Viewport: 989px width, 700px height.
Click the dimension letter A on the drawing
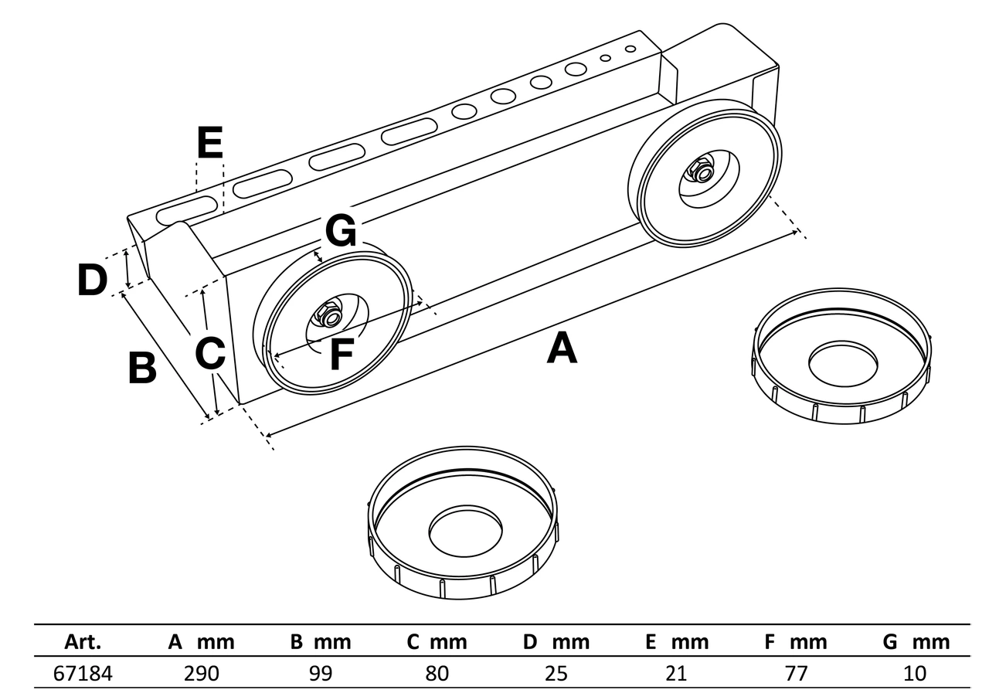[x=562, y=348]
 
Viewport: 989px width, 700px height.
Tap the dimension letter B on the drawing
[x=142, y=368]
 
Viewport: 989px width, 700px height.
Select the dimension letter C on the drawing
[x=210, y=354]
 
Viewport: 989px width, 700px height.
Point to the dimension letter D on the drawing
[x=92, y=280]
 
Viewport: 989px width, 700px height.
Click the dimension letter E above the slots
[x=209, y=143]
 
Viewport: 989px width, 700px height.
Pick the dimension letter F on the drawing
[x=341, y=355]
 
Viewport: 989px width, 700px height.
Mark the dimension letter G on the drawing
[x=341, y=230]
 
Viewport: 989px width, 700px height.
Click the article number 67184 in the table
[x=83, y=674]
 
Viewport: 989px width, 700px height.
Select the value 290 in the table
[x=202, y=674]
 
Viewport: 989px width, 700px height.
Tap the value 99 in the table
[x=320, y=674]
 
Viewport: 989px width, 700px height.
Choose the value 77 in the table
[x=796, y=674]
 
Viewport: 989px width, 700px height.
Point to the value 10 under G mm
[x=915, y=674]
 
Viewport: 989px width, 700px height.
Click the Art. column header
[x=83, y=642]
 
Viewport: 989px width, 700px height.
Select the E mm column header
[x=677, y=642]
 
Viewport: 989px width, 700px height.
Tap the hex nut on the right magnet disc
[x=702, y=172]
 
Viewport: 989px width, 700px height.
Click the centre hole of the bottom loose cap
[x=466, y=532]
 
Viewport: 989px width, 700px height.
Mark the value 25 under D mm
[x=556, y=674]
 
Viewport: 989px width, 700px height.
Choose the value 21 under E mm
[x=676, y=674]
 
